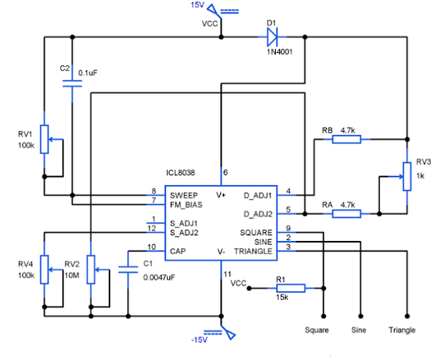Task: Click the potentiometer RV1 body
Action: point(45,139)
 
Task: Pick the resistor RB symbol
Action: point(346,139)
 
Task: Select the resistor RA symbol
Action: point(346,214)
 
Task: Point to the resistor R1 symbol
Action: point(286,287)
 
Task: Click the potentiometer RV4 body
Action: point(45,269)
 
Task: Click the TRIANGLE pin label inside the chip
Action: point(253,251)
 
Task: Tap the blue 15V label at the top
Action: point(198,6)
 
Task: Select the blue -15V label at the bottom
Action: point(199,340)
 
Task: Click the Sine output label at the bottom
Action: point(360,329)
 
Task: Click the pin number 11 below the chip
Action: point(226,274)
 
